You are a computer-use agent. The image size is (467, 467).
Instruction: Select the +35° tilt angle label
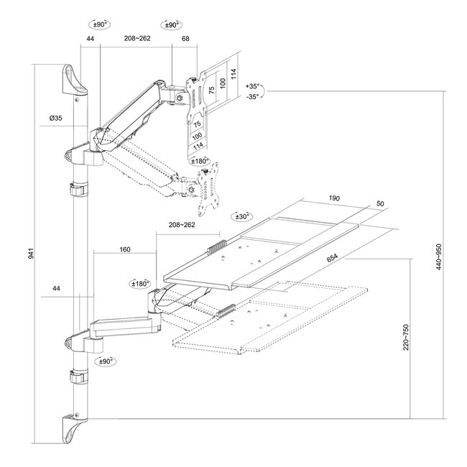click(253, 85)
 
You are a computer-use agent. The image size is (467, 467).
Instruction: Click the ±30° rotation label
click(243, 216)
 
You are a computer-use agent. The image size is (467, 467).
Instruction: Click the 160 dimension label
click(125, 249)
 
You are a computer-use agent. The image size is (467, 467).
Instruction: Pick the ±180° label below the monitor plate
click(203, 162)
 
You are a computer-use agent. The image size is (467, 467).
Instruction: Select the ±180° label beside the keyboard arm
click(139, 283)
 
